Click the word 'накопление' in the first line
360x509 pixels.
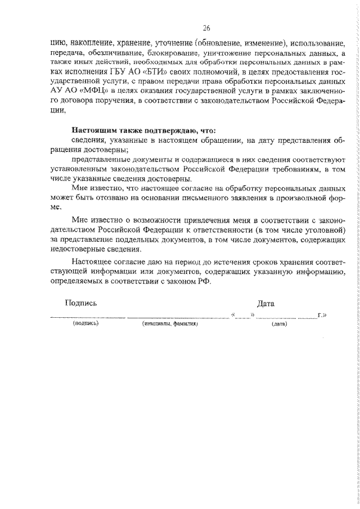(x=92, y=42)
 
